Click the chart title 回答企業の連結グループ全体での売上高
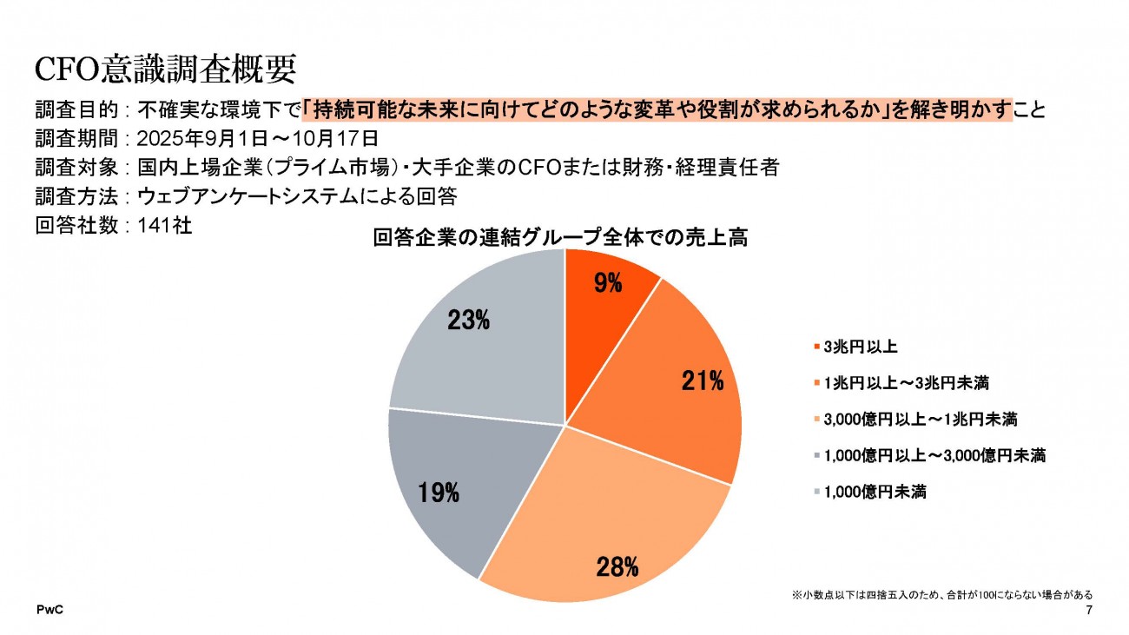[560, 237]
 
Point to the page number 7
[1089, 612]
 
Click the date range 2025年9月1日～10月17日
[257, 138]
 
